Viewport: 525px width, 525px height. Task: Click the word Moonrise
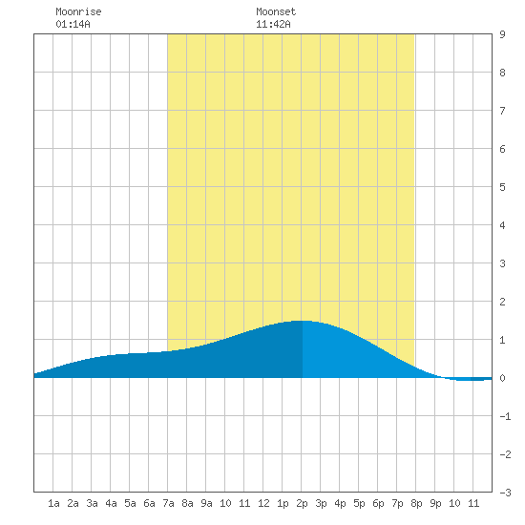click(x=78, y=11)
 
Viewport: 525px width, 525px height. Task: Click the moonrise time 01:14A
click(x=73, y=24)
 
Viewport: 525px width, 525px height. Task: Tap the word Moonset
click(x=276, y=11)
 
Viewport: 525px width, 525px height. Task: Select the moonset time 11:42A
click(x=273, y=24)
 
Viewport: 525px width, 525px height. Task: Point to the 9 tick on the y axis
click(x=502, y=34)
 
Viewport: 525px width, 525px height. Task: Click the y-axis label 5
click(x=502, y=187)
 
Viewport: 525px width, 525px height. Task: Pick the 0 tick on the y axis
click(x=502, y=378)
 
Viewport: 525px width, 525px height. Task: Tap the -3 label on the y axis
click(x=505, y=493)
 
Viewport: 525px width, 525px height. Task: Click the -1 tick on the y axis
click(x=505, y=416)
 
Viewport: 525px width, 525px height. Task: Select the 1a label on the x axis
click(x=53, y=503)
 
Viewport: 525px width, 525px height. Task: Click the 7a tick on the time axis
click(x=168, y=503)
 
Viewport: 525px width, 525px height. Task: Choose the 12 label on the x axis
click(x=263, y=503)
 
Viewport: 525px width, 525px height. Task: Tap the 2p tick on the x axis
click(x=302, y=503)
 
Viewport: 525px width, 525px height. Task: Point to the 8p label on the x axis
click(x=416, y=503)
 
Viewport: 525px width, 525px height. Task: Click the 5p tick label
click(x=359, y=503)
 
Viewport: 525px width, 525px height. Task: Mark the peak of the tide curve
click(x=302, y=321)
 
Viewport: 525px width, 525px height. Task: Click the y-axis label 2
click(x=502, y=302)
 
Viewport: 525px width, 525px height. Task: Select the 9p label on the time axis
click(x=435, y=503)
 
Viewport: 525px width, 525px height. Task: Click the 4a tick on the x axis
click(x=111, y=503)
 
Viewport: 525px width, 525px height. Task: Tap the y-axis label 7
click(x=502, y=111)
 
